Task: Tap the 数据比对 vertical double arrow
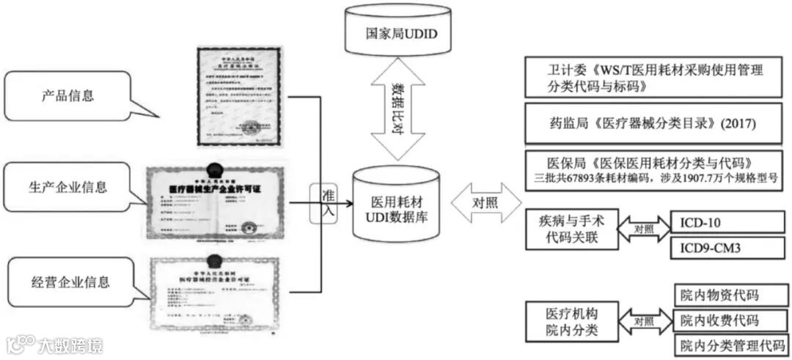[396, 110]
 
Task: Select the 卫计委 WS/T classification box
[655, 78]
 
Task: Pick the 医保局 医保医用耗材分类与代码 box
[655, 169]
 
